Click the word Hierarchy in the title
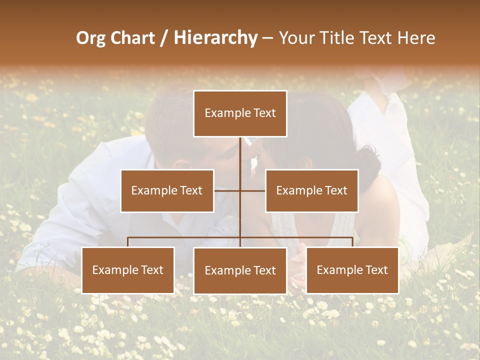pos(215,38)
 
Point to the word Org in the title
pos(91,38)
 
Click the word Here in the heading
pos(416,38)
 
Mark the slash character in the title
pos(164,38)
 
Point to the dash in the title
pos(267,39)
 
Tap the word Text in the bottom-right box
pos(376,270)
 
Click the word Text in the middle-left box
pos(190,190)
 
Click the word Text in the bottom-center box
pos(264,270)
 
